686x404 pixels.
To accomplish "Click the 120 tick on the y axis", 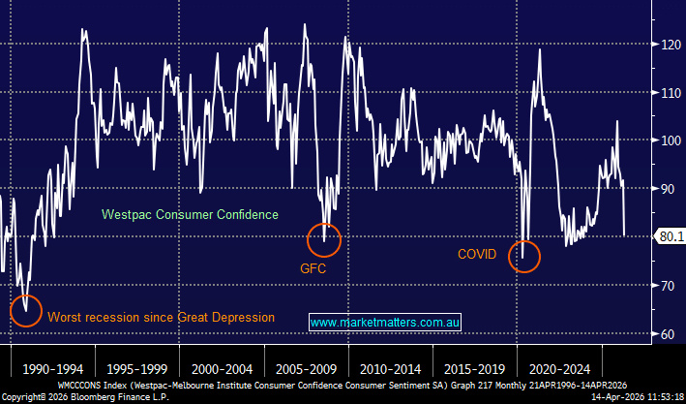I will (x=664, y=45).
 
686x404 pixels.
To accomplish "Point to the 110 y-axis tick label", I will (x=664, y=93).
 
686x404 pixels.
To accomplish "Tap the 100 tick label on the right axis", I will (x=664, y=141).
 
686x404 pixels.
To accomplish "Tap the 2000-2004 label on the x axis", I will (x=224, y=369).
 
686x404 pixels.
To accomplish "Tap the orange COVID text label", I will (x=477, y=255).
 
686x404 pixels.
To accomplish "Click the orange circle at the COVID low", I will (x=523, y=256).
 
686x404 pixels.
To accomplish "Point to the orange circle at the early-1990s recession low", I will (x=26, y=308).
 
